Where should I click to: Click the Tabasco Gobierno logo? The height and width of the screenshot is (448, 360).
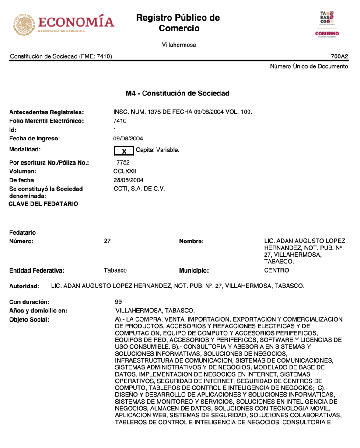[x=327, y=24]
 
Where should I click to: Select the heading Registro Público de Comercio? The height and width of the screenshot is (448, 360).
[x=178, y=23]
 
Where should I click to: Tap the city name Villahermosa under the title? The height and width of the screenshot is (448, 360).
[x=179, y=45]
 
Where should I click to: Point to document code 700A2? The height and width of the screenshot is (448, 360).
[x=339, y=56]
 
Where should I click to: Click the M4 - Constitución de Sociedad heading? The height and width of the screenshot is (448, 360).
[x=178, y=94]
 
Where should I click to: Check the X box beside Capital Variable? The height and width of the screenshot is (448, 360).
[x=124, y=151]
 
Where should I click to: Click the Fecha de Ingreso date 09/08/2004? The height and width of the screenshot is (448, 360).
[x=128, y=139]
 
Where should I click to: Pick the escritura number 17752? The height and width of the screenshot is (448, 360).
[x=122, y=163]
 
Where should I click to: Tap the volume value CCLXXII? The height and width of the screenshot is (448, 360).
[x=125, y=171]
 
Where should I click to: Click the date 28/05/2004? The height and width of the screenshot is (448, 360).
[x=128, y=180]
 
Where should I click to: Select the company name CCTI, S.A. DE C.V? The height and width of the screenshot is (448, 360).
[x=139, y=189]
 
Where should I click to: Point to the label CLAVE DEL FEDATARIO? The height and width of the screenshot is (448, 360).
[x=44, y=204]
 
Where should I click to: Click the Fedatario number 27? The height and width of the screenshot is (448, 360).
[x=107, y=241]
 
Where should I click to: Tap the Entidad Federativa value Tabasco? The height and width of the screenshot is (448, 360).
[x=115, y=270]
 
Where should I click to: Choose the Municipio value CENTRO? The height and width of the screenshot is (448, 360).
[x=276, y=270]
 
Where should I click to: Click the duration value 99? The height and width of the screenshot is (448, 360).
[x=118, y=302]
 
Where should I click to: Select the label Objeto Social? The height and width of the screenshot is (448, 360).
[x=29, y=320]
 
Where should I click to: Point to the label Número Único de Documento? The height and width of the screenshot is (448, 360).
[x=309, y=66]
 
